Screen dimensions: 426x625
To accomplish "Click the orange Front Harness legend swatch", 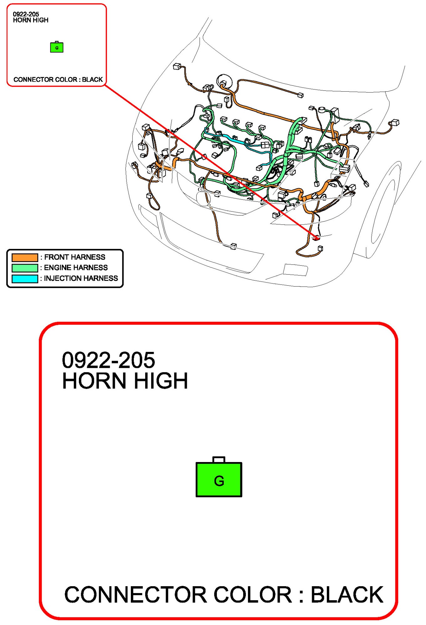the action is pos(25,257).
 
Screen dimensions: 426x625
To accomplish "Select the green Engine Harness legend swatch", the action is pos(25,268).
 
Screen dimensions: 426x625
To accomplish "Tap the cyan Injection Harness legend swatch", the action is pos(25,279).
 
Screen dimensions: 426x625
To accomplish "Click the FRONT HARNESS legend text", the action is pos(74,257).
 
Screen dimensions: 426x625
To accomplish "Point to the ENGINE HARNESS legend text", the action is pos(76,268).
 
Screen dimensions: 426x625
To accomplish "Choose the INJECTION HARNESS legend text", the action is pos(81,278).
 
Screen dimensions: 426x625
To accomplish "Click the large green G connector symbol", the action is pos(219,479).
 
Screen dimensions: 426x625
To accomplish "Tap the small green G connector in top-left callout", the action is pos(57,47).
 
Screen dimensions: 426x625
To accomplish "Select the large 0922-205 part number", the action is pos(108,360).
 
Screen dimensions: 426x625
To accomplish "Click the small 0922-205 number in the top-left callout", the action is pos(26,14).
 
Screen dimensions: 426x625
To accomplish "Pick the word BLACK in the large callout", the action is pos(347,595).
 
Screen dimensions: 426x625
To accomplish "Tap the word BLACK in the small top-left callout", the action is pos(92,80).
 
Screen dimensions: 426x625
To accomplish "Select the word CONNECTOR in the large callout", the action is pos(136,595).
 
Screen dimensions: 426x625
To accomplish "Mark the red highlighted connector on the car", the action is pos(316,238).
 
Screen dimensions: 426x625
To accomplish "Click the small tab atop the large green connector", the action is pos(219,459).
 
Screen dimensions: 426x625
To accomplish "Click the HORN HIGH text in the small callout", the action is pos(31,20).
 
